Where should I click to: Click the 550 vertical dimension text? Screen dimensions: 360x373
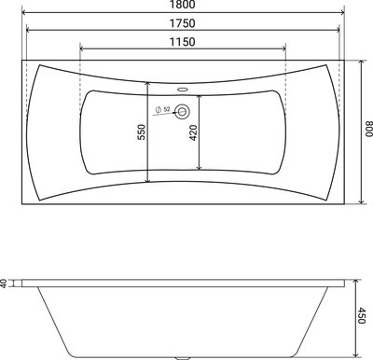pyautogui.click(x=141, y=131)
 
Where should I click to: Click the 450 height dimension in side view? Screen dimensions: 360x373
pyautogui.click(x=366, y=316)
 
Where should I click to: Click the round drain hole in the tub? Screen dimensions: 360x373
pyautogui.click(x=183, y=111)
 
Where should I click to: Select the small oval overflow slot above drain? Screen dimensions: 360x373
pyautogui.click(x=183, y=91)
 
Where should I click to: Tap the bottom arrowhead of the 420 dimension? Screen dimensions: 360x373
pyautogui.click(x=198, y=171)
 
